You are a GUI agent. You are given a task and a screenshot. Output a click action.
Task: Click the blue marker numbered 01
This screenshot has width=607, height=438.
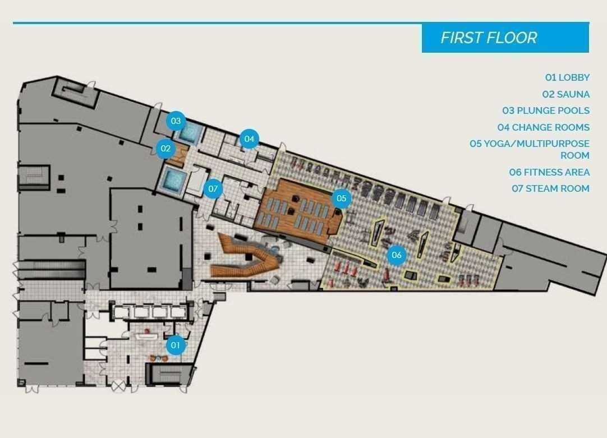click(176, 345)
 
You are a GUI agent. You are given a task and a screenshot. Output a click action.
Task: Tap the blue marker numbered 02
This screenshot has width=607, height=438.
click(165, 148)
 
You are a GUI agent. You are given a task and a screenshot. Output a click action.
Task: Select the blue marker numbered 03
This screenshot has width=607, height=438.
click(176, 121)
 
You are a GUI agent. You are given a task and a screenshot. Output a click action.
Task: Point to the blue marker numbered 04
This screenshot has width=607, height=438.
click(249, 139)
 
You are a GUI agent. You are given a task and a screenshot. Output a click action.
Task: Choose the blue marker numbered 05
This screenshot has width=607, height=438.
click(341, 199)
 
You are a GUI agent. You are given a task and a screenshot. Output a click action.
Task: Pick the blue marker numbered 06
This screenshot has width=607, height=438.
click(397, 255)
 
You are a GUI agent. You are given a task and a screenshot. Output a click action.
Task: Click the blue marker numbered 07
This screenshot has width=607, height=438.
click(213, 189)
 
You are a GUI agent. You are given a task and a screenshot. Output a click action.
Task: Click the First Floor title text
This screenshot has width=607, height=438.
click(489, 38)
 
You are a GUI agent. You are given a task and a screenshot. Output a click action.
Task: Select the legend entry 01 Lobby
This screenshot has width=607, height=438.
click(567, 77)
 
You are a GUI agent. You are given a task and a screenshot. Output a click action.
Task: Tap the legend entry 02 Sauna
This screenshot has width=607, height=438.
click(565, 94)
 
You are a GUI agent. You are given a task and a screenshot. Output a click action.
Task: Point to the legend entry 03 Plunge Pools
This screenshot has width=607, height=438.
click(546, 110)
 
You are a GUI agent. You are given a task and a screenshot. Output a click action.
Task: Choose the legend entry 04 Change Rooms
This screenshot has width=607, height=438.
click(544, 127)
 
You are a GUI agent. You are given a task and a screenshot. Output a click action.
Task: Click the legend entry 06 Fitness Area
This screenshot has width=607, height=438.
click(549, 172)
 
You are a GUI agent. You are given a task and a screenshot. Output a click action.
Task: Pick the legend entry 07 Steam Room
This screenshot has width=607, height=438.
click(550, 189)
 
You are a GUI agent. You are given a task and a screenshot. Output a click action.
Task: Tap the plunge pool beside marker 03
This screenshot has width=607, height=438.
click(189, 133)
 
